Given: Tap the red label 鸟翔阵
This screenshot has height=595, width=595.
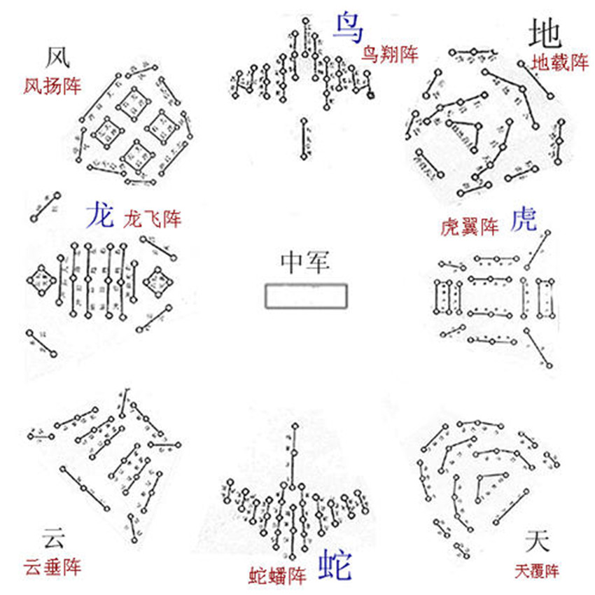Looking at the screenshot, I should point(390,55).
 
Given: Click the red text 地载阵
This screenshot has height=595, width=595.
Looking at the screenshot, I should point(560,62).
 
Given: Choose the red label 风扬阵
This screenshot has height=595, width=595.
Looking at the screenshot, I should point(52,87).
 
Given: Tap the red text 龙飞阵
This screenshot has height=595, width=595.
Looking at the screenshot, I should point(152,220).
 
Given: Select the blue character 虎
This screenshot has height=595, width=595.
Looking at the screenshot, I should point(524,219).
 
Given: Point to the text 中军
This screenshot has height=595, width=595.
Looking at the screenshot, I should point(305,262).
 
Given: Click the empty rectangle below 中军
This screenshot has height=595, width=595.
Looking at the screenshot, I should point(306,295).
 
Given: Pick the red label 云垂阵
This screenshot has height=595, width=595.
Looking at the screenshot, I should point(52,566).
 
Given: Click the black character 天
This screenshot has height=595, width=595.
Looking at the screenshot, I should point(538,540).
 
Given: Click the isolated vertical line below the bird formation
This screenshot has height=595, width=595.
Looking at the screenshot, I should point(303,139).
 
